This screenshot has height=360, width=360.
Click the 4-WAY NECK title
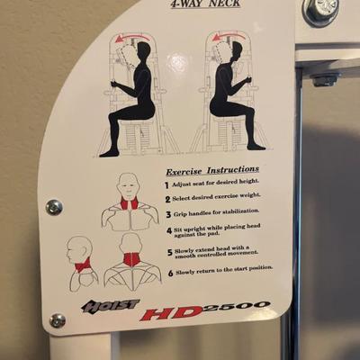[205, 4]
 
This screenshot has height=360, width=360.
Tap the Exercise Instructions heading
[212, 170]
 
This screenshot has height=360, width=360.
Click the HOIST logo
[111, 305]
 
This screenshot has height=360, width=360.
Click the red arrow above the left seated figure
[134, 37]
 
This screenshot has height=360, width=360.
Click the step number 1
[166, 185]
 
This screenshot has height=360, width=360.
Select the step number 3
[168, 214]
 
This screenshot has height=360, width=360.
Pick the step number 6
[170, 274]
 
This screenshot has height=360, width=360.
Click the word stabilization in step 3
[240, 211]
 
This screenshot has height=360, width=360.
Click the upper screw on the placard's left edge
[54, 207]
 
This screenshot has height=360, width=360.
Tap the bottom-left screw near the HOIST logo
[58, 320]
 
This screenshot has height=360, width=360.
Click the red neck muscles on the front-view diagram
[130, 203]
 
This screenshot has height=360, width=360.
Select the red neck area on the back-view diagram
[132, 260]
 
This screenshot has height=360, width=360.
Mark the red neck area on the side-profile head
[83, 265]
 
